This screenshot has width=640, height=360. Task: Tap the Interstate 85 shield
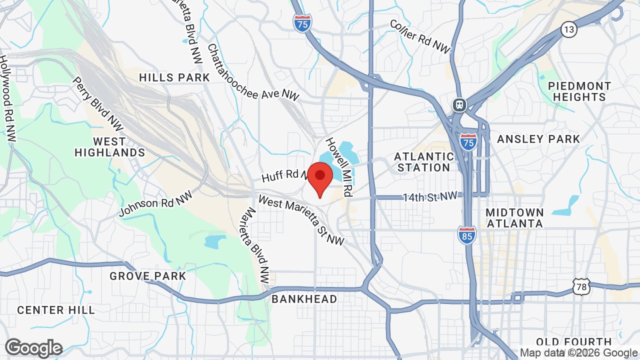(466, 235)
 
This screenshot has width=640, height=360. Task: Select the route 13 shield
(568, 29)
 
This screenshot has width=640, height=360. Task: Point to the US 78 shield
(582, 287)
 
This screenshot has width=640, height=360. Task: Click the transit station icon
(459, 105)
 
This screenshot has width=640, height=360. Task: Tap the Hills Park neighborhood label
(174, 77)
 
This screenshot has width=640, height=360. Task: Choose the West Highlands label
(109, 146)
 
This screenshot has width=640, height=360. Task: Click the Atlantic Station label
(424, 162)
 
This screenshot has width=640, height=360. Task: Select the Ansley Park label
(538, 139)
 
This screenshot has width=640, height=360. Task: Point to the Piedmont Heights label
(579, 91)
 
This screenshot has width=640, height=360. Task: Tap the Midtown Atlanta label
(514, 218)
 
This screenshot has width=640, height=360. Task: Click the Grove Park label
(148, 276)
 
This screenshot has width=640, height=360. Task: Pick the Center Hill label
(56, 310)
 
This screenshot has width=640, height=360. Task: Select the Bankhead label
(304, 299)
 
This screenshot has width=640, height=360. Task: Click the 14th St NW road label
(430, 196)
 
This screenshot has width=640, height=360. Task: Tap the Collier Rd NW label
(420, 36)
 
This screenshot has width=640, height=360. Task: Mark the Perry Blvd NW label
(97, 103)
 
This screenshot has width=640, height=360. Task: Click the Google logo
(34, 348)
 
